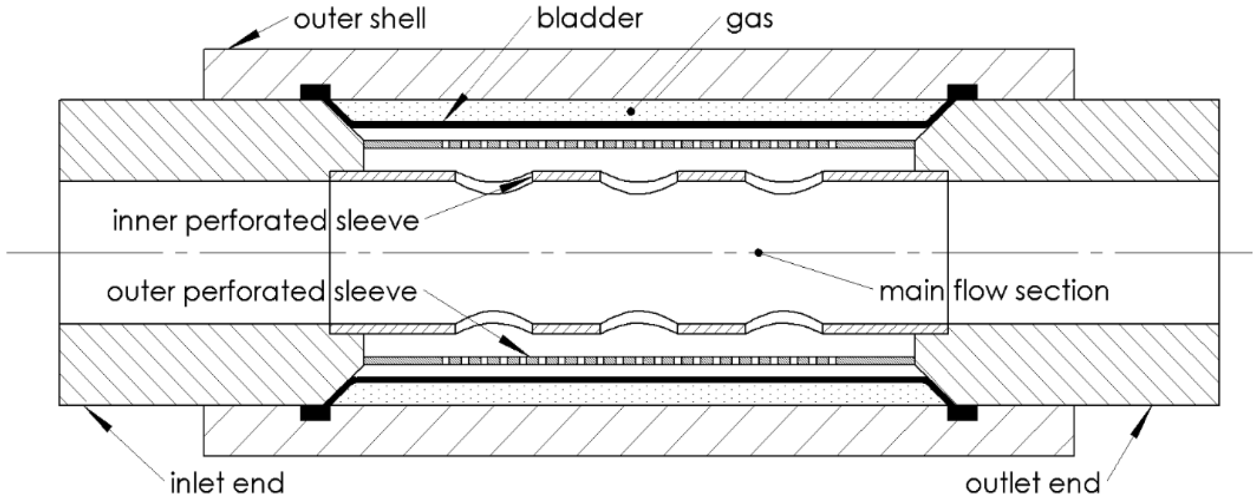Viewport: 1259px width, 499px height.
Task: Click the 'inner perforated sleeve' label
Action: (x=265, y=221)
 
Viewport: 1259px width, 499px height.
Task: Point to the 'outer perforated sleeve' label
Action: (x=261, y=292)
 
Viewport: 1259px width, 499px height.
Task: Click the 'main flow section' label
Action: (x=994, y=292)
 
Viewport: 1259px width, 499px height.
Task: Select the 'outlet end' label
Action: (x=1032, y=484)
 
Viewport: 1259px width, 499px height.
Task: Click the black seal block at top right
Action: (x=962, y=92)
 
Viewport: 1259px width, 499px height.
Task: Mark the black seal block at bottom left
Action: (x=315, y=413)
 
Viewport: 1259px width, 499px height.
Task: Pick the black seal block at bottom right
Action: (x=962, y=413)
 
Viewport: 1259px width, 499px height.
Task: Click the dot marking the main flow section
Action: (x=758, y=253)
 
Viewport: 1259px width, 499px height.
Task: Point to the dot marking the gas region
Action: (x=631, y=111)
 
